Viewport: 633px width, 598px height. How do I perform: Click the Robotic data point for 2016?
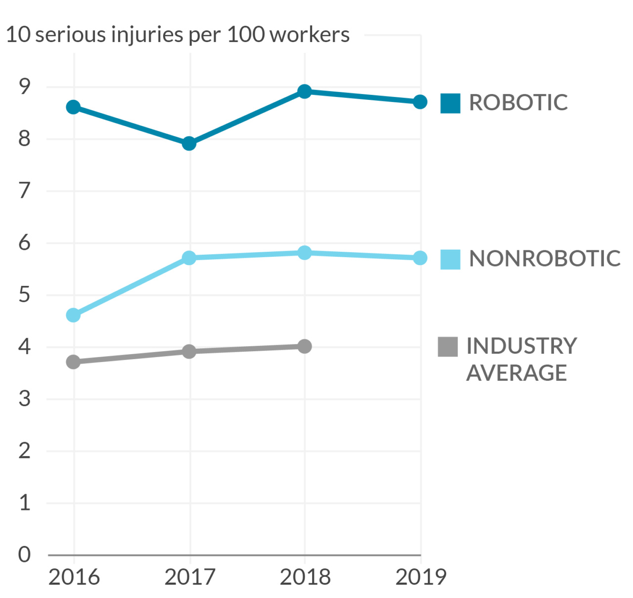click(73, 107)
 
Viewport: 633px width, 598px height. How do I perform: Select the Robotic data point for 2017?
click(189, 144)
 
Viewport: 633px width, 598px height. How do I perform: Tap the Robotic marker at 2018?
click(305, 92)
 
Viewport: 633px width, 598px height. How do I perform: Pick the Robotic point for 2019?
click(420, 102)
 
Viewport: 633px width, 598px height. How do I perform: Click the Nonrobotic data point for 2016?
click(73, 315)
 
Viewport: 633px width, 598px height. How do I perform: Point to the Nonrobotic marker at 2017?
click(189, 258)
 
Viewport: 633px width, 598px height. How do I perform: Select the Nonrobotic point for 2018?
click(305, 253)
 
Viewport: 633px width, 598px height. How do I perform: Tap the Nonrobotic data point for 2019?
click(420, 258)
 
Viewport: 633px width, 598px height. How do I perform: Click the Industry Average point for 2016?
click(73, 362)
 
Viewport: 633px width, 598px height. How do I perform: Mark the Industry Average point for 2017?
click(189, 352)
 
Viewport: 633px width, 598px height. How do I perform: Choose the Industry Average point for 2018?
click(305, 346)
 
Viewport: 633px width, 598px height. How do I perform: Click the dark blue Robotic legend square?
click(450, 103)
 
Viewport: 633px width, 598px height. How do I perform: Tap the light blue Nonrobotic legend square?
click(450, 259)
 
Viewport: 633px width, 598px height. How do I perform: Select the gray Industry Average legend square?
click(448, 347)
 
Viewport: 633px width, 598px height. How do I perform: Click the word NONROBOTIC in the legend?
click(544, 259)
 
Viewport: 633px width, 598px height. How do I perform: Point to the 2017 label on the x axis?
click(189, 577)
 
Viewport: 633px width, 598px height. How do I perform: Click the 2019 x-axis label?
click(421, 577)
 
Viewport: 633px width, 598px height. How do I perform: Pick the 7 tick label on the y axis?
click(25, 191)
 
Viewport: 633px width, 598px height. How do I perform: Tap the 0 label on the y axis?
click(24, 554)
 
